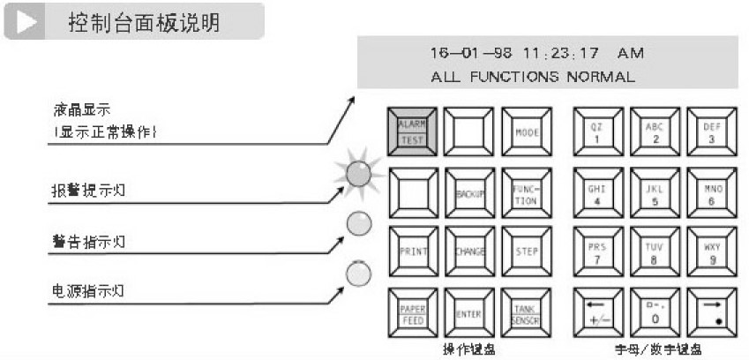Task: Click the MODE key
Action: (x=526, y=132)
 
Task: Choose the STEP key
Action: (x=526, y=251)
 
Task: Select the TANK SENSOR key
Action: (x=526, y=311)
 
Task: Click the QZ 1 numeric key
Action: (x=597, y=132)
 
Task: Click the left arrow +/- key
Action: (x=597, y=311)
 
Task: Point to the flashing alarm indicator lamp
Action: (x=357, y=174)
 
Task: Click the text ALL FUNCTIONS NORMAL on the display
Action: (x=533, y=77)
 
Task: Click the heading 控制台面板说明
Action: (x=145, y=23)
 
